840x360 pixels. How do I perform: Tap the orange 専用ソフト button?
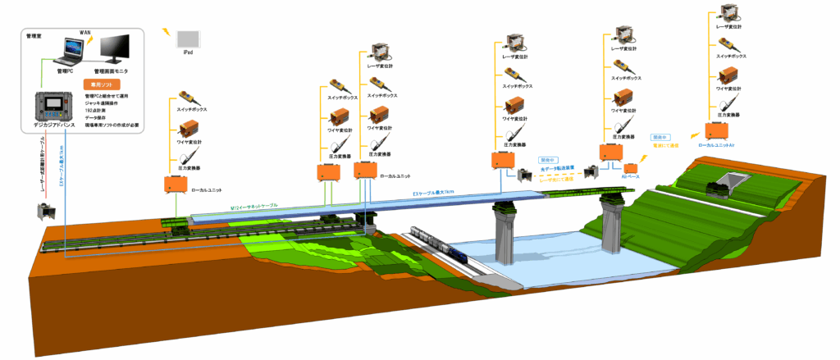coord(102,84)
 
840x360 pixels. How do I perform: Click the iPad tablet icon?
coord(188,39)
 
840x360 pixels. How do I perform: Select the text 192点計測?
coord(98,109)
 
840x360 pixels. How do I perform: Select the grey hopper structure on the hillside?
coord(728,182)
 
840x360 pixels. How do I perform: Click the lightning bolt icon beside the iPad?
coord(168,32)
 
